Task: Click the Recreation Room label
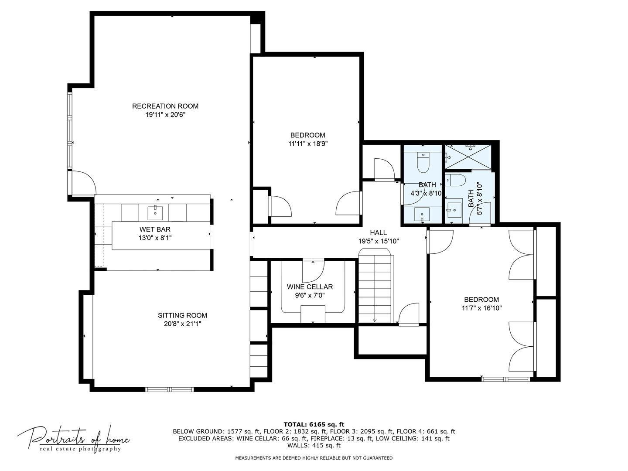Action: (165, 106)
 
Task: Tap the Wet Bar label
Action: (155, 229)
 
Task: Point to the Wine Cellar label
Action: (310, 287)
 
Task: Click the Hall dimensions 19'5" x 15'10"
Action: (379, 241)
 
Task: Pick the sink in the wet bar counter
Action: (155, 212)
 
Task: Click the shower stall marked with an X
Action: (468, 157)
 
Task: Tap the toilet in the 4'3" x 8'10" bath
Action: (423, 163)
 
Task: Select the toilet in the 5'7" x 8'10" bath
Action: (456, 180)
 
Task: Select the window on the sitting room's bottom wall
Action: (169, 389)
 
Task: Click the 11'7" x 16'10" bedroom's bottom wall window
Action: (505, 379)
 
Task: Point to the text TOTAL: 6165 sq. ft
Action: (314, 424)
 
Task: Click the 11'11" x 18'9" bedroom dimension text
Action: (307, 143)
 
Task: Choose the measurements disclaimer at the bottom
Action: (314, 458)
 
